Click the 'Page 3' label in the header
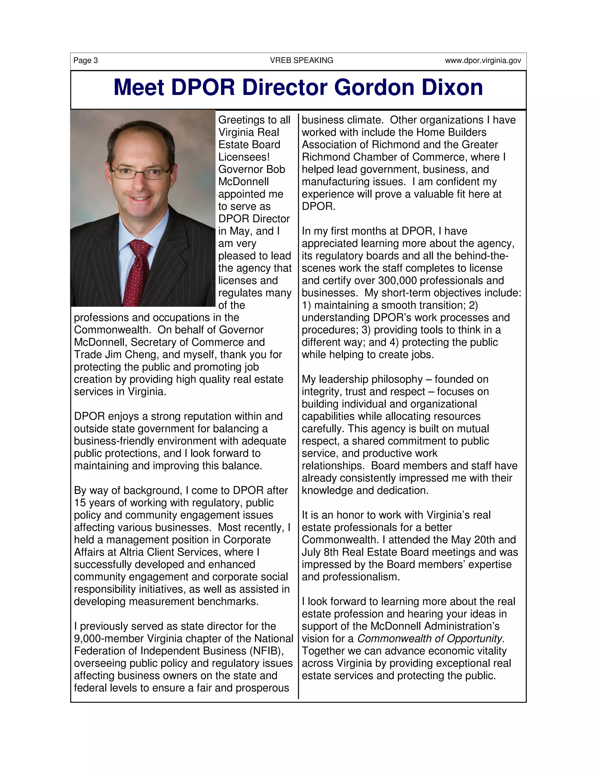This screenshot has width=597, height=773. [x=86, y=60]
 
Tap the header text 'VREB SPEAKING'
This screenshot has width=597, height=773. [x=301, y=60]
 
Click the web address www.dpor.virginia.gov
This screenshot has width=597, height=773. [x=483, y=60]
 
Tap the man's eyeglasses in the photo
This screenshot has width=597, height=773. [x=140, y=173]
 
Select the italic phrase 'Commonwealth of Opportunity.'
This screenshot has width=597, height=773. [x=431, y=639]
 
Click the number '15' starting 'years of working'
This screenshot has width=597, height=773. [x=80, y=503]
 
